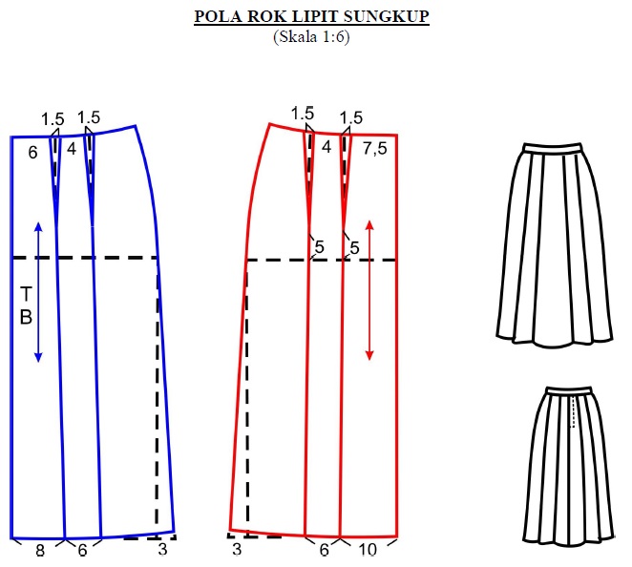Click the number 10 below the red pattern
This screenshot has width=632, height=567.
pyautogui.click(x=368, y=551)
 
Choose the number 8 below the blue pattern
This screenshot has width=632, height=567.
pyautogui.click(x=40, y=551)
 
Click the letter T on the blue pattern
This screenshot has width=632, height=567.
pyautogui.click(x=26, y=292)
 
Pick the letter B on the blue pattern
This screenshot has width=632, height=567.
pyautogui.click(x=26, y=317)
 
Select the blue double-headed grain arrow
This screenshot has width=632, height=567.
pyautogui.click(x=38, y=291)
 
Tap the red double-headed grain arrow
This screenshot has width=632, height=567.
pyautogui.click(x=369, y=290)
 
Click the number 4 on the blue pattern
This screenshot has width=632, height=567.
pyautogui.click(x=72, y=148)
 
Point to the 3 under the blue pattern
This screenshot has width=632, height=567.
pyautogui.click(x=162, y=551)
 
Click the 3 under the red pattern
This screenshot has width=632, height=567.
pyautogui.click(x=236, y=551)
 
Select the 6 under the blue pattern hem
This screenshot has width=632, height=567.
pyautogui.click(x=82, y=551)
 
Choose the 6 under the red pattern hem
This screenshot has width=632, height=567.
pyautogui.click(x=324, y=551)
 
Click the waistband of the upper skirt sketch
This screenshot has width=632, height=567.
pyautogui.click(x=553, y=147)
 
